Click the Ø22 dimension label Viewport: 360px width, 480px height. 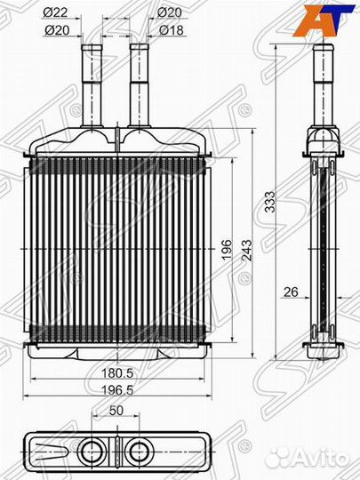[x=55, y=12]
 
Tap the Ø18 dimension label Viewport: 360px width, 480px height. [x=172, y=30]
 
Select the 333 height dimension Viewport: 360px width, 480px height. [x=270, y=202]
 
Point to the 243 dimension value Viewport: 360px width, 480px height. [x=247, y=250]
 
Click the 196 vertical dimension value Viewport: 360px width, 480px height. [x=228, y=250]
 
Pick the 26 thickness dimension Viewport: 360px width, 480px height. [x=291, y=292]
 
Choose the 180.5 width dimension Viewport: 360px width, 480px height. [x=117, y=373]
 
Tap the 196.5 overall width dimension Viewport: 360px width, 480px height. [x=117, y=390]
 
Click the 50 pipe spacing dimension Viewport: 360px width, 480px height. [x=116, y=411]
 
